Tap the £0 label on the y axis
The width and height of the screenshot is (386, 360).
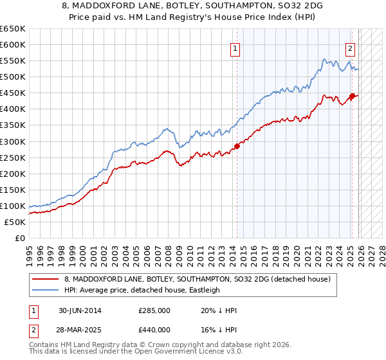coord(19,239)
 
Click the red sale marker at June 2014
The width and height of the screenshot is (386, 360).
coord(237,146)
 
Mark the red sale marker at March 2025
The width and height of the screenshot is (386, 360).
coord(352,96)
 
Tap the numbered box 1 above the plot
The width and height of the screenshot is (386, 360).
coord(235,48)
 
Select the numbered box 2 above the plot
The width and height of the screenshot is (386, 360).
coord(351,48)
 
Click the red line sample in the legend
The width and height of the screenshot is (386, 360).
coord(46,279)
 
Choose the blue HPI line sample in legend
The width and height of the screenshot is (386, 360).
coord(46,290)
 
